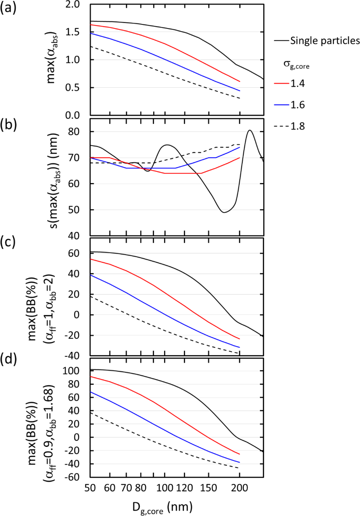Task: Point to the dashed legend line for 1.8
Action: (x=284, y=127)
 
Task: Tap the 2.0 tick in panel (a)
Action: (x=78, y=5)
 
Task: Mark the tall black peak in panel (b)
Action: (x=250, y=131)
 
